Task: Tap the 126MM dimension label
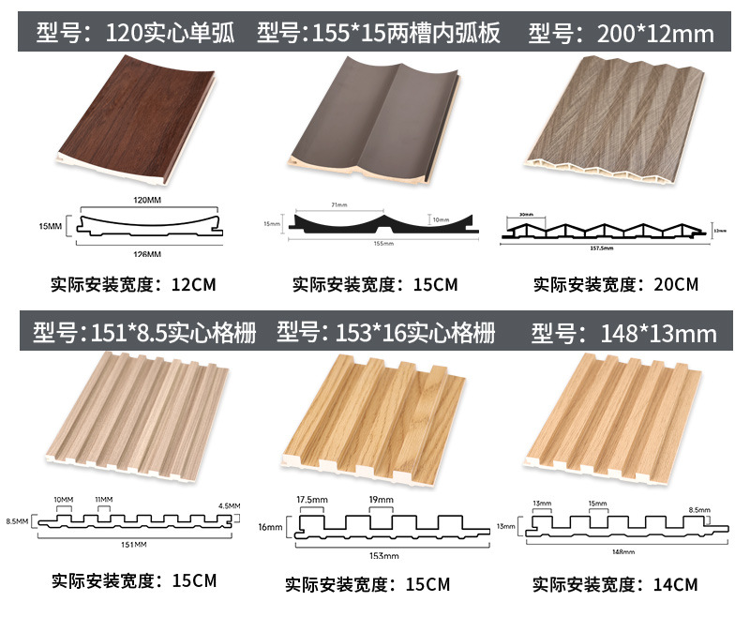(x=146, y=254)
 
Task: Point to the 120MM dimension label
(x=145, y=201)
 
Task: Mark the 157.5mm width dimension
(x=615, y=248)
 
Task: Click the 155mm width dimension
(x=382, y=244)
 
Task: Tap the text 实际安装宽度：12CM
(x=140, y=282)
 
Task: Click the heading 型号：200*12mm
(x=622, y=35)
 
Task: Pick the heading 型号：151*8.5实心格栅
(x=144, y=332)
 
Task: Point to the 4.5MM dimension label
(x=228, y=506)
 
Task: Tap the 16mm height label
(x=270, y=528)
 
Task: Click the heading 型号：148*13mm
(x=623, y=333)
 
